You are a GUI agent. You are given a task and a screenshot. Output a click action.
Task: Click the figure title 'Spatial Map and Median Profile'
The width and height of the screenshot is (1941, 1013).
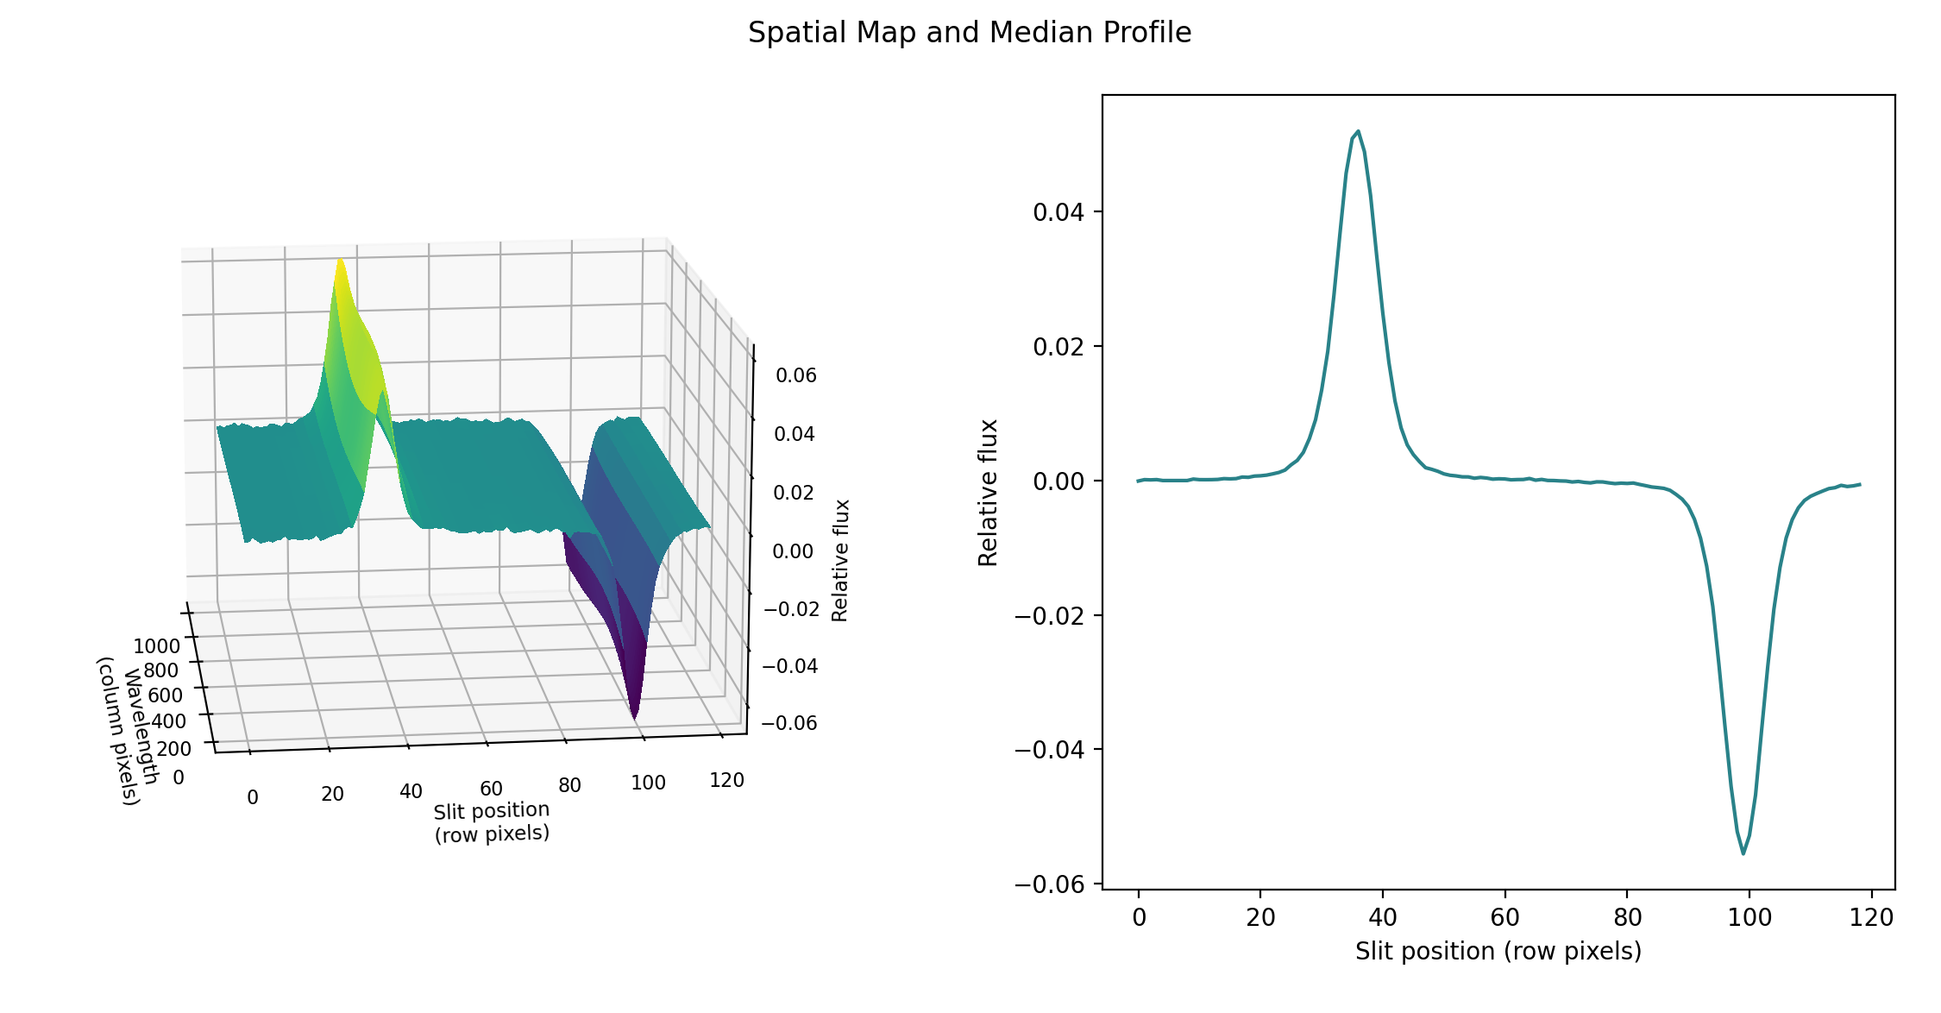[x=969, y=33]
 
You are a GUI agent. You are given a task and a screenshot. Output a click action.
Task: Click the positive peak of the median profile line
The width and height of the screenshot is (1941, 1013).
[x=1358, y=132]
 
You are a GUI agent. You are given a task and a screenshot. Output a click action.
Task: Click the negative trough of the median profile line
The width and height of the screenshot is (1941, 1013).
[x=1743, y=853]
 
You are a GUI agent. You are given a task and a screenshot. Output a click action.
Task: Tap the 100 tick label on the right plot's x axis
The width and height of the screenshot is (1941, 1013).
[x=1749, y=917]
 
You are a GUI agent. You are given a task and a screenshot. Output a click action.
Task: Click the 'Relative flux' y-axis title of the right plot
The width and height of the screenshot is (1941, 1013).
[x=988, y=493]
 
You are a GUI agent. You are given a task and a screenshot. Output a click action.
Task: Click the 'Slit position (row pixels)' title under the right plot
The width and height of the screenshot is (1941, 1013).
[x=1498, y=952]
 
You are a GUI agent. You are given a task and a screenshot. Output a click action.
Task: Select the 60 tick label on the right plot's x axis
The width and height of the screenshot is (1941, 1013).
[x=1504, y=917]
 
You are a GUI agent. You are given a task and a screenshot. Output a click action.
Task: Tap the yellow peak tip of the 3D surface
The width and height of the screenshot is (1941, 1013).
[x=341, y=260]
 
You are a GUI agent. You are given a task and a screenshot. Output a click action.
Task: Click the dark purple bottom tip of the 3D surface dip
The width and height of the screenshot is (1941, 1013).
[x=635, y=717]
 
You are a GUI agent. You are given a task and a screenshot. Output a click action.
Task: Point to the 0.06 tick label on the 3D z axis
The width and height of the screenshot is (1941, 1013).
[x=795, y=375]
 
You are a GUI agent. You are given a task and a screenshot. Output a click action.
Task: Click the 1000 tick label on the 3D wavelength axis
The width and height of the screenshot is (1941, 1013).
[x=156, y=646]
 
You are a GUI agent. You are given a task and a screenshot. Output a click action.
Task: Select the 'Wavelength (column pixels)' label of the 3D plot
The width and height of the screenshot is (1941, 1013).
[x=129, y=730]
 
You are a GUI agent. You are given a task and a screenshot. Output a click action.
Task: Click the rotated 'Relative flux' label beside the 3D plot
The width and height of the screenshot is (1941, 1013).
[x=840, y=560]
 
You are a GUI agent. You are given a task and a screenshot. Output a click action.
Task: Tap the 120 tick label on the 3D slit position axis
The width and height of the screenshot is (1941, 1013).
[x=726, y=780]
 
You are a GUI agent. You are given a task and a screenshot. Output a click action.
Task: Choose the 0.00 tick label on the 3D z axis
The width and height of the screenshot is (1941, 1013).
[x=793, y=551]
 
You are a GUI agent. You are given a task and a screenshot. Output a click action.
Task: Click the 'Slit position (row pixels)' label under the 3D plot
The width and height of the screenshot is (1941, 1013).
[x=492, y=821]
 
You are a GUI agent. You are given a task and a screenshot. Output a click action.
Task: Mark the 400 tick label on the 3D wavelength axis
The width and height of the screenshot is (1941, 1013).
[x=168, y=721]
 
